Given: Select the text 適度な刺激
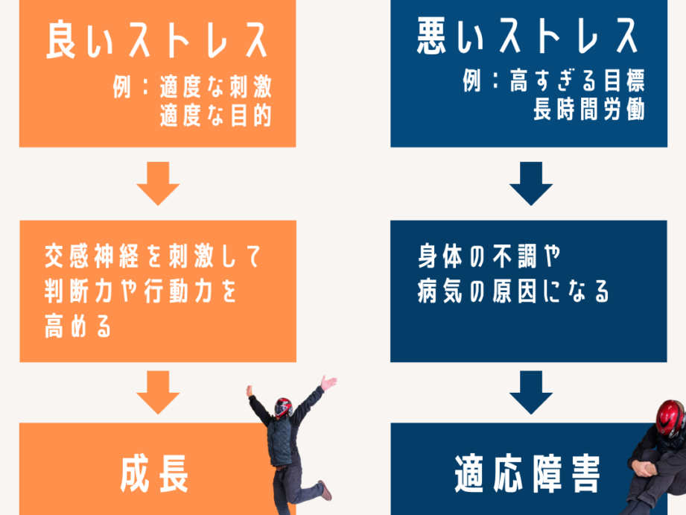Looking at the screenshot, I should pos(215,88).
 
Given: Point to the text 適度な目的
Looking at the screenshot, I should pos(215,116).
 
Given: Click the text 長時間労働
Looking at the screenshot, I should pos(588,110).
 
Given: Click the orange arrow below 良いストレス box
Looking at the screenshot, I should pos(158,183).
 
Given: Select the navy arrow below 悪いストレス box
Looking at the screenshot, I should pos(530,183).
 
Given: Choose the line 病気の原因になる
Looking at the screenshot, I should pos(514,292).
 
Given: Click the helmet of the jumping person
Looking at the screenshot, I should pos(284,407).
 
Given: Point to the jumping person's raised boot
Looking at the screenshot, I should pos(325,491).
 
